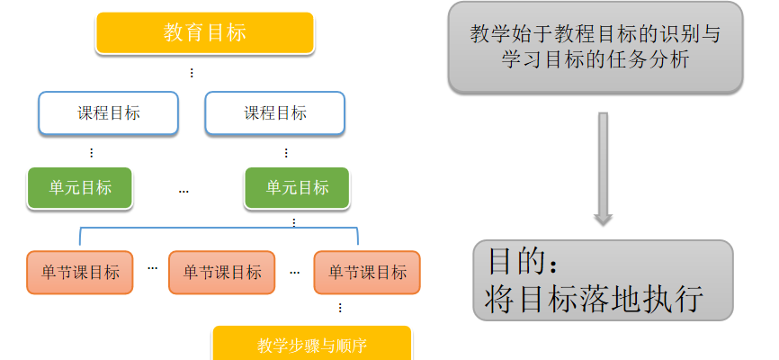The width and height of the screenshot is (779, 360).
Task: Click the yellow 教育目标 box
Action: (205, 33)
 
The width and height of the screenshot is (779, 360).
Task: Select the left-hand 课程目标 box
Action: (108, 113)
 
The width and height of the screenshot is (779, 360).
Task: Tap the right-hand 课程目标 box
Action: (275, 113)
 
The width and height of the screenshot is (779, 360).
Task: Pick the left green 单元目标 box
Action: (80, 188)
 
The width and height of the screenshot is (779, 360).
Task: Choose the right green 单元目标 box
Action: (297, 188)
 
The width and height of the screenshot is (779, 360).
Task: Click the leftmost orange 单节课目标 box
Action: (80, 272)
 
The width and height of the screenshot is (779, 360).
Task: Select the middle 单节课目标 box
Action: (222, 272)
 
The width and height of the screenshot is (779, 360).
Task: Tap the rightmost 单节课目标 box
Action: (367, 272)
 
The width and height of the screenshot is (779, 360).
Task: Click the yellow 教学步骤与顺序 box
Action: (311, 345)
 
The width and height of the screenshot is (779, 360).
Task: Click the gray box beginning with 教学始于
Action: (596, 47)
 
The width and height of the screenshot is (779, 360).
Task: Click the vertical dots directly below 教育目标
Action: (191, 73)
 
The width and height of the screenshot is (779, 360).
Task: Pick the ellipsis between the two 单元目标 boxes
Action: (184, 190)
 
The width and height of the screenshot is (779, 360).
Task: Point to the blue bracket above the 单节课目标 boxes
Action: (219, 229)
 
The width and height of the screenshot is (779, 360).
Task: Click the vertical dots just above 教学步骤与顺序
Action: (339, 308)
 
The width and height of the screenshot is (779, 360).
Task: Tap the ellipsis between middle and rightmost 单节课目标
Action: (294, 269)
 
